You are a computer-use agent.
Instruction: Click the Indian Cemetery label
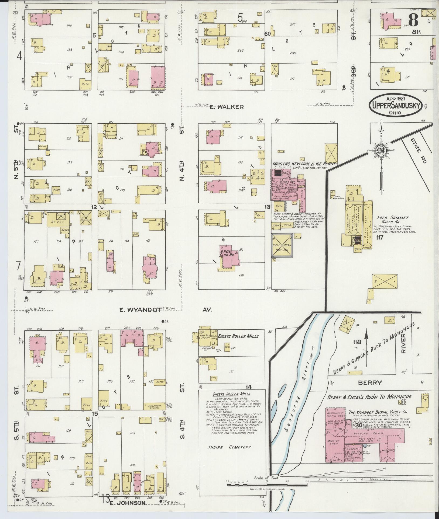tap(230, 447)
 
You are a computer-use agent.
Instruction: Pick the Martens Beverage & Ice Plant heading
tap(304, 163)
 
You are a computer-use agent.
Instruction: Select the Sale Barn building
tap(282, 245)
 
